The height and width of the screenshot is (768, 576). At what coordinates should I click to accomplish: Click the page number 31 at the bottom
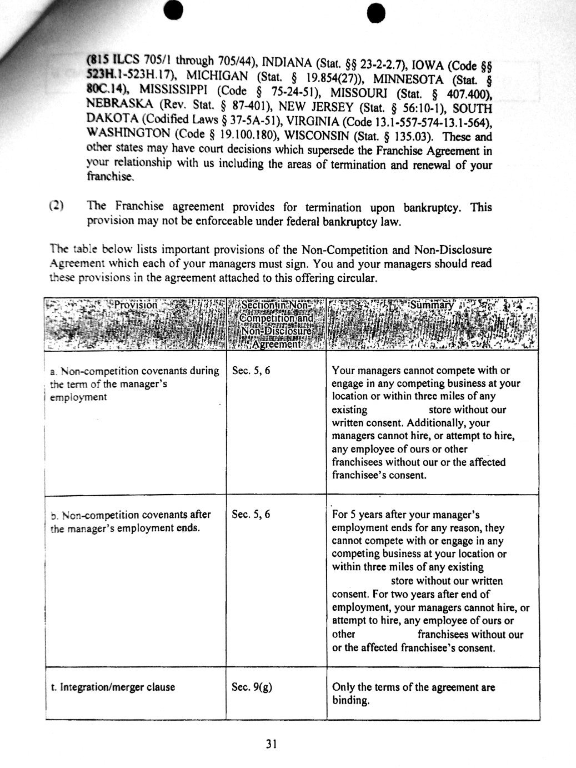tap(272, 744)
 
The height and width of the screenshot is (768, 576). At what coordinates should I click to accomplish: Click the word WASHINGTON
tap(129, 134)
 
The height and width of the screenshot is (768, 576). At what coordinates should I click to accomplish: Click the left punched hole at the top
tap(173, 9)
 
